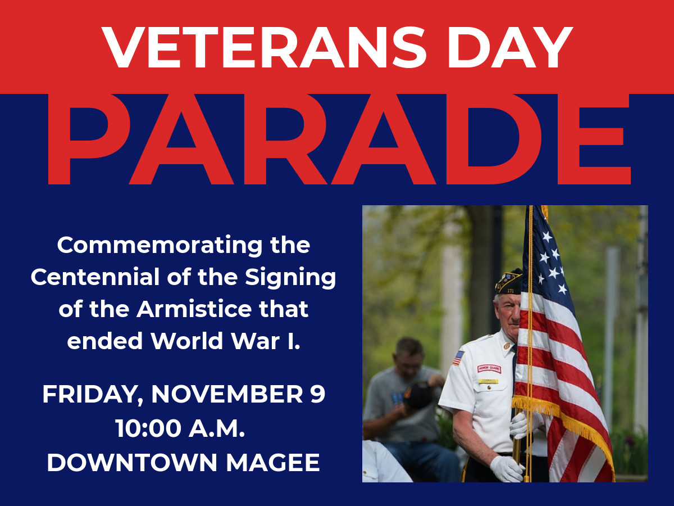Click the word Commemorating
(160, 246)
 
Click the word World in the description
(186, 341)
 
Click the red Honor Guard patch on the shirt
(489, 368)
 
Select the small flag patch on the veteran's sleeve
(458, 358)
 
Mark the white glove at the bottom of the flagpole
(507, 469)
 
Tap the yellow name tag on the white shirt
(488, 381)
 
